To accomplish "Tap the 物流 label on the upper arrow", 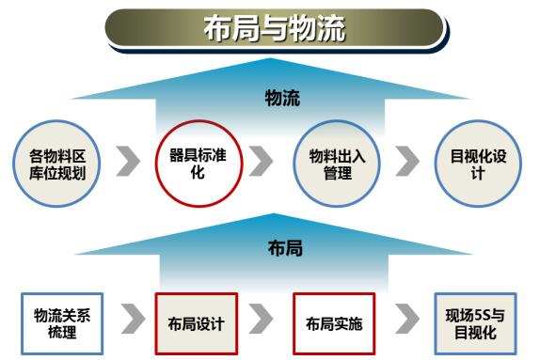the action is click(282, 98).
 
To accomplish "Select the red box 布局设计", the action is click(197, 323).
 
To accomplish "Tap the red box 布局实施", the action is click(334, 323).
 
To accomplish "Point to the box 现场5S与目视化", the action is click(476, 323).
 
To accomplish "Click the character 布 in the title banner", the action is click(217, 29).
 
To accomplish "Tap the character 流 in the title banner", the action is click(331, 29).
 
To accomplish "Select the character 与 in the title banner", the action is click(274, 29).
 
